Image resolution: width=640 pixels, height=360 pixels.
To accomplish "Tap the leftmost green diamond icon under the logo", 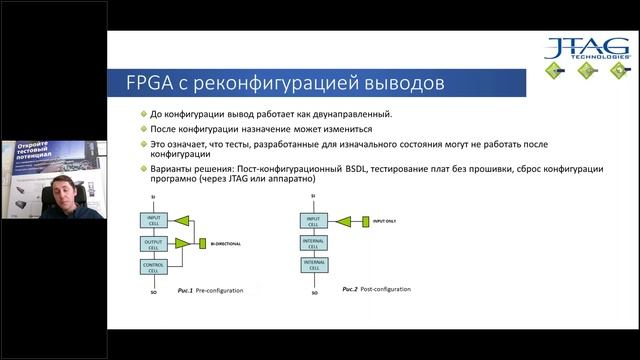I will [553, 72].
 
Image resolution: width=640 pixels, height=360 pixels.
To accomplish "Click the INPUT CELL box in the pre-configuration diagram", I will [154, 221].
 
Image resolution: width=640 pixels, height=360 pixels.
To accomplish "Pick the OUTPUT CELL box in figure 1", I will [154, 243].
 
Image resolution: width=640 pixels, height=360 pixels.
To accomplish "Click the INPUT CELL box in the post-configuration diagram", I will [314, 220].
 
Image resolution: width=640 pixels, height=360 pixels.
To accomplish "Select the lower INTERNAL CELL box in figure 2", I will [314, 264].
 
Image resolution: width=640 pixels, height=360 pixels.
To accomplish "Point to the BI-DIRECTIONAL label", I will [227, 242].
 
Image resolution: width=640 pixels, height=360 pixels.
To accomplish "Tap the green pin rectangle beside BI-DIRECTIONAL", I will [202, 242].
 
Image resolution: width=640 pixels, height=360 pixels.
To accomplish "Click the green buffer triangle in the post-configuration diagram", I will [344, 220].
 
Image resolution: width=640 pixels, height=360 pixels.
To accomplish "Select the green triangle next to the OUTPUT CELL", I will [182, 243].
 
